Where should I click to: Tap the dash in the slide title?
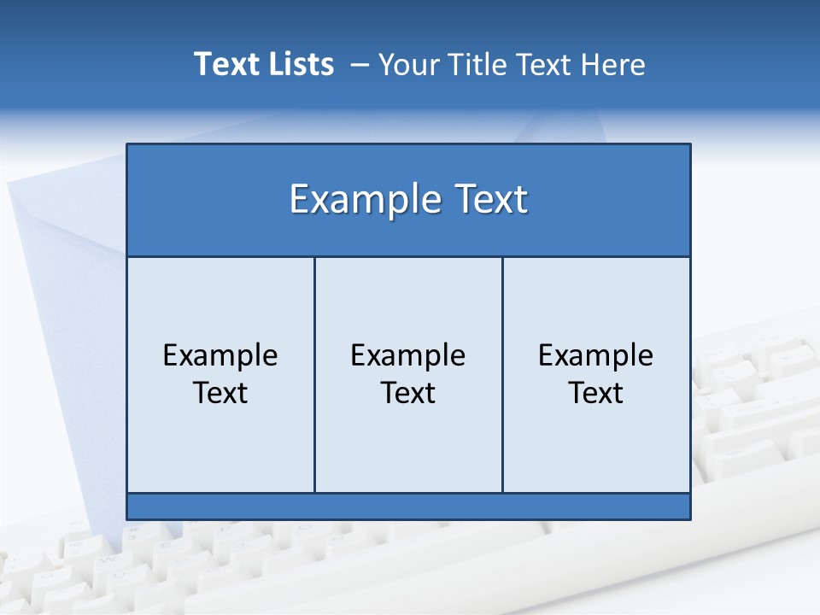360,65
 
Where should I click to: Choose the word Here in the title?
613,64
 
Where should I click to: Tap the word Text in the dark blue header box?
485,199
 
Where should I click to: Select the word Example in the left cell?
220,355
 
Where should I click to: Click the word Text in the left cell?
220,393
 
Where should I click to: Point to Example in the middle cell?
408,355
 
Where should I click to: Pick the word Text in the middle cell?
408,393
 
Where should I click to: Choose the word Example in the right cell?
596,355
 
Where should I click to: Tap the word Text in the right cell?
596,393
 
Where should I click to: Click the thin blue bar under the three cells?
408,507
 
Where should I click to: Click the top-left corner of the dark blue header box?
128,145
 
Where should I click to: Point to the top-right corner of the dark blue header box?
689,145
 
